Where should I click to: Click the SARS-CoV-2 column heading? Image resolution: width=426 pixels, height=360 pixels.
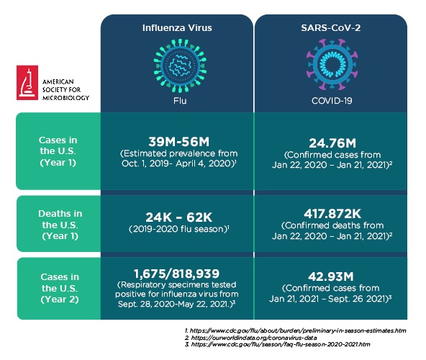pos(331,28)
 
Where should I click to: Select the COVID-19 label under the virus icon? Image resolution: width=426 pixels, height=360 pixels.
pos(331,101)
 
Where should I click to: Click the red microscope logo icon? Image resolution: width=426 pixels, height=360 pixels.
pos(27,83)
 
